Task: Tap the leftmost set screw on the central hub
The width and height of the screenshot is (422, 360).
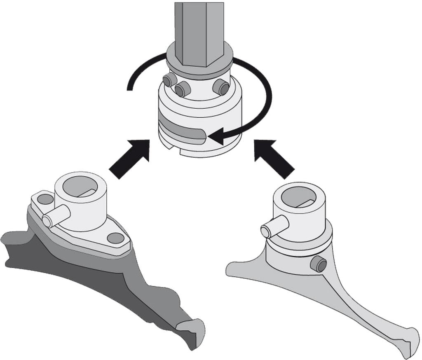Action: pyautogui.click(x=168, y=80)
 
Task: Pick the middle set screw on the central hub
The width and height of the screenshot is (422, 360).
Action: pyautogui.click(x=182, y=89)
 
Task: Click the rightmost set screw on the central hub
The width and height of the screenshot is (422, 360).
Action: pyautogui.click(x=221, y=87)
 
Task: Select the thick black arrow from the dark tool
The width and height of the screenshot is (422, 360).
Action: pyautogui.click(x=130, y=159)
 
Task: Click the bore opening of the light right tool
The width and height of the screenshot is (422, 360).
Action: pyautogui.click(x=300, y=196)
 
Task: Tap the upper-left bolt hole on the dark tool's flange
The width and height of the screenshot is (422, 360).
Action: pyautogui.click(x=45, y=199)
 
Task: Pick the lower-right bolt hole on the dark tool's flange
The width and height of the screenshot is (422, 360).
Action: pyautogui.click(x=115, y=238)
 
